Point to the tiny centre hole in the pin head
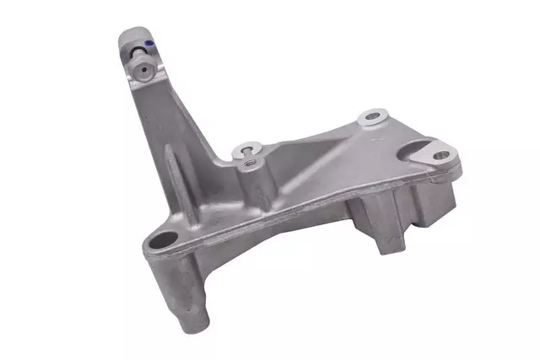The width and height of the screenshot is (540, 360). point(141,69)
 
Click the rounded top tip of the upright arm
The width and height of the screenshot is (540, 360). point(133,34)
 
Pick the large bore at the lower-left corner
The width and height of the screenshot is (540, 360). point(164,240)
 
